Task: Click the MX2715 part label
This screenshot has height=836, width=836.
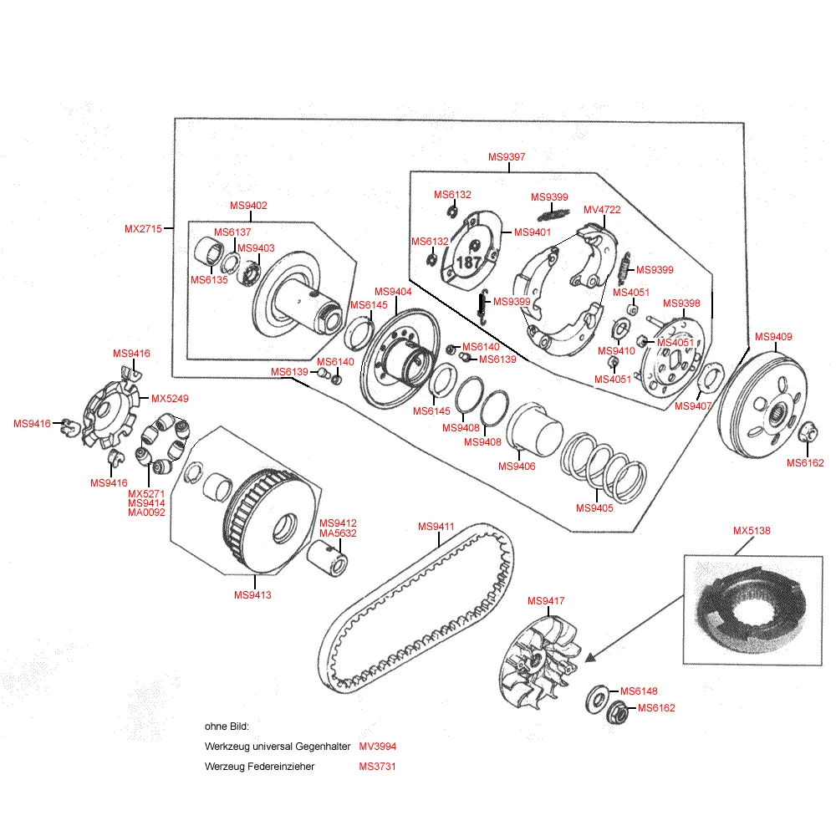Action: pyautogui.click(x=142, y=228)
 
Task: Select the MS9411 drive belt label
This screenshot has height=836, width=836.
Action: pyautogui.click(x=436, y=527)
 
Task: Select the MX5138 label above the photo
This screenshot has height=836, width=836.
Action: pyautogui.click(x=752, y=531)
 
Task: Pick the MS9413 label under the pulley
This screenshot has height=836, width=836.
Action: pyautogui.click(x=252, y=595)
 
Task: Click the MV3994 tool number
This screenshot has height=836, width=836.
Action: pyautogui.click(x=377, y=746)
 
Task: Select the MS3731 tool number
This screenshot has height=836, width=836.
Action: pyautogui.click(x=377, y=767)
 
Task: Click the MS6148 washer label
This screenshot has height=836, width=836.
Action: pyautogui.click(x=639, y=691)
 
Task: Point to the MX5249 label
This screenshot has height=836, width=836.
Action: pyautogui.click(x=170, y=398)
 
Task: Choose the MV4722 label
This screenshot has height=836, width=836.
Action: pyautogui.click(x=602, y=210)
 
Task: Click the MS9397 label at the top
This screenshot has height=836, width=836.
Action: pyautogui.click(x=507, y=157)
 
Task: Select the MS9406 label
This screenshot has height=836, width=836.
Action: pyautogui.click(x=517, y=466)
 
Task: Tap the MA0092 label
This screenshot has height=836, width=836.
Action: pyautogui.click(x=146, y=512)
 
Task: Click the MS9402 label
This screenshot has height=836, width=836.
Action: pyautogui.click(x=248, y=206)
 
